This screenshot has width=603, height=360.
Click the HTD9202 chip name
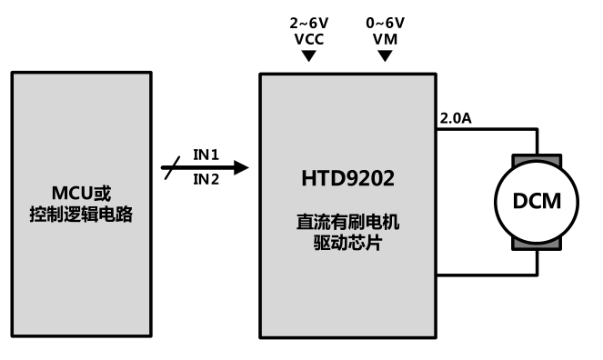(x=349, y=179)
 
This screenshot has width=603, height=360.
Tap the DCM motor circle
(x=537, y=201)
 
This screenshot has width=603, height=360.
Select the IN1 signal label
(x=206, y=154)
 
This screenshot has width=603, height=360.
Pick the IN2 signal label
(x=206, y=180)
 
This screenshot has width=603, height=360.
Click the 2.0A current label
(x=455, y=118)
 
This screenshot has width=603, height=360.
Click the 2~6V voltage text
(x=309, y=22)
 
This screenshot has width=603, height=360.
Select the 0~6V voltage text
(x=386, y=22)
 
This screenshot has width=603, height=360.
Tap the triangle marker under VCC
(x=309, y=56)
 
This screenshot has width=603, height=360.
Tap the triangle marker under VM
(x=386, y=56)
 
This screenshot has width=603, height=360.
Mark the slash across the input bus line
(x=169, y=167)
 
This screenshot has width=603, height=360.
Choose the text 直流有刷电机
(x=349, y=220)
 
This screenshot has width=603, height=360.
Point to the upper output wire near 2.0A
(x=482, y=130)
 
